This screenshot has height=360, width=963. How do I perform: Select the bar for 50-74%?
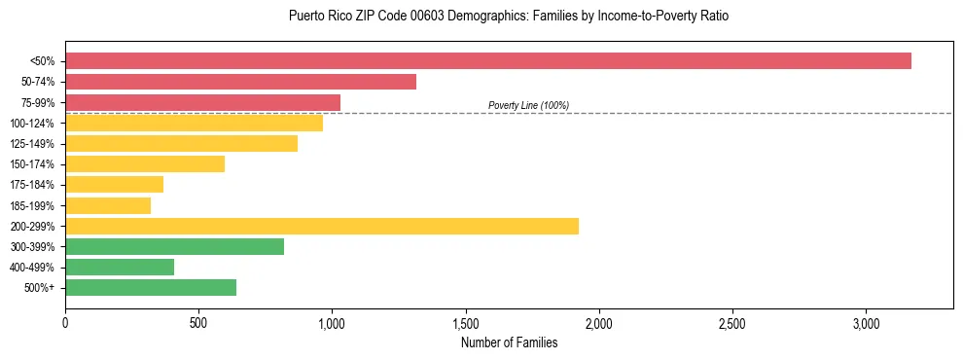click(x=240, y=82)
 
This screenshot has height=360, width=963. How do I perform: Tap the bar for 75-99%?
click(x=202, y=102)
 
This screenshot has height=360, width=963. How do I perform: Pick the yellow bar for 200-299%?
click(x=322, y=226)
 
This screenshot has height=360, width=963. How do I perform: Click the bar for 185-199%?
click(x=108, y=205)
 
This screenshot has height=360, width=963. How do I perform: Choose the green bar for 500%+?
click(x=151, y=287)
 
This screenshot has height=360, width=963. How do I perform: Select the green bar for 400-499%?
click(x=120, y=267)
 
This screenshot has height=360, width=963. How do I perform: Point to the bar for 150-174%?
click(x=145, y=164)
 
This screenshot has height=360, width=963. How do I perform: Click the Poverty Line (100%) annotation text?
click(x=528, y=105)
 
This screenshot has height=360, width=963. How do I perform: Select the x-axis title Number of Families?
click(x=509, y=342)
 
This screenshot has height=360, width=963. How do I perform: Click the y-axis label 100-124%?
click(x=32, y=124)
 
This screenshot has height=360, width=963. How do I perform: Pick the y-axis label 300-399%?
click(x=32, y=246)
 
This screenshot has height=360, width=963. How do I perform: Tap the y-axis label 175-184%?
click(x=32, y=185)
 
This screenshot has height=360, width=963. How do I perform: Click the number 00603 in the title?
click(x=424, y=17)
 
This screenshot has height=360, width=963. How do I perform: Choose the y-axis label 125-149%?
click(x=32, y=144)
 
